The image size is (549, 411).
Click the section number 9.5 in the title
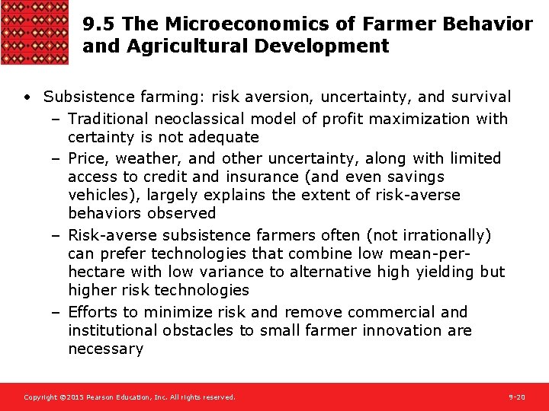click(98, 24)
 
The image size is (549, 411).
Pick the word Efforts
click(92, 312)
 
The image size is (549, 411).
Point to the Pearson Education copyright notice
click(130, 397)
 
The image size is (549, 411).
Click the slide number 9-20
click(517, 397)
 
